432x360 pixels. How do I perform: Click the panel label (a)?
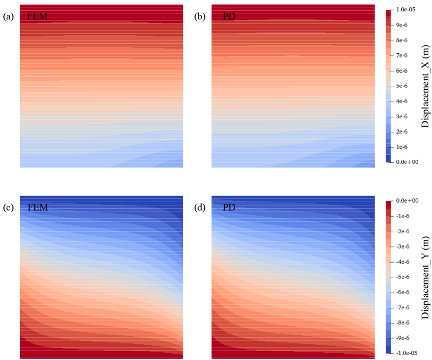(x=8, y=16)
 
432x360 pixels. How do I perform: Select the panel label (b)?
(x=200, y=16)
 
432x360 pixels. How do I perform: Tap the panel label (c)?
(x=8, y=208)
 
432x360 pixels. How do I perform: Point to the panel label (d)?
(x=200, y=208)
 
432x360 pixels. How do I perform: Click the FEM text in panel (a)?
(x=37, y=16)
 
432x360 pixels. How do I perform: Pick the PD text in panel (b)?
(x=229, y=16)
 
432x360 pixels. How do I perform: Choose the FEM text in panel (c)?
(x=38, y=208)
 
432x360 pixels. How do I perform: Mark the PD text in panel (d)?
(x=229, y=208)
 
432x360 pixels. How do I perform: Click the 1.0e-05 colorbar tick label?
(x=406, y=10)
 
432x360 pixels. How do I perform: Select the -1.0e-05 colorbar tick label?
(x=406, y=353)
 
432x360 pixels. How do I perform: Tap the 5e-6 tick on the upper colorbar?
(x=402, y=86)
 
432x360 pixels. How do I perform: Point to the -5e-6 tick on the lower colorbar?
(x=403, y=277)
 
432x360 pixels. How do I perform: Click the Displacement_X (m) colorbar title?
(x=425, y=86)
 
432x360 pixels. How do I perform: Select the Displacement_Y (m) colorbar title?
(x=425, y=277)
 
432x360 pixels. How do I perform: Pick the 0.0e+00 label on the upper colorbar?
(x=407, y=162)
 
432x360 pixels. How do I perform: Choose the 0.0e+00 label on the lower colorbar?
(x=407, y=201)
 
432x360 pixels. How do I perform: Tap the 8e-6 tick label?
(x=402, y=41)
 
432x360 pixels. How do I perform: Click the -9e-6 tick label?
(x=403, y=338)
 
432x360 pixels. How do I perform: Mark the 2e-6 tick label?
(x=402, y=132)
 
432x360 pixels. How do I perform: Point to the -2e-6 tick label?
(x=403, y=231)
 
